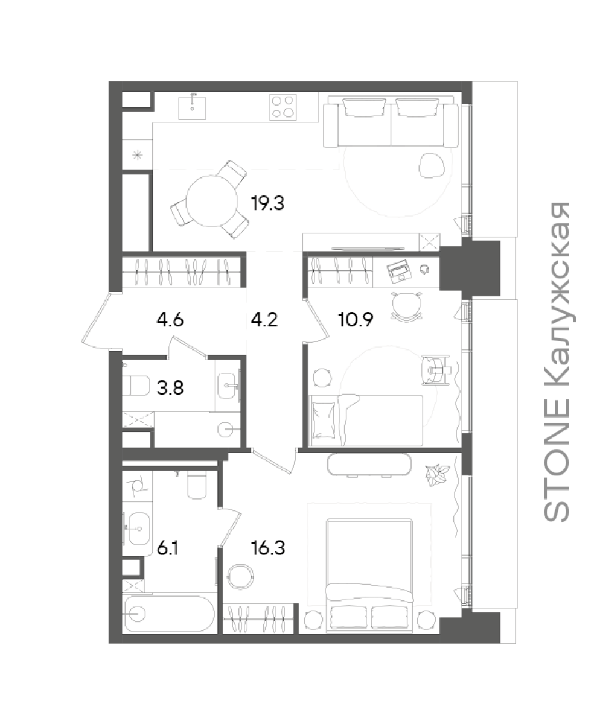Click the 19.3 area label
(x=268, y=203)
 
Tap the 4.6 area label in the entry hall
(x=170, y=319)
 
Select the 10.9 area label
(x=356, y=319)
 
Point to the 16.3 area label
(x=269, y=548)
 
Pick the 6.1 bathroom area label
(x=168, y=548)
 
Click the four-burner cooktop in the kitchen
(x=283, y=107)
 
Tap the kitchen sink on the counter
(x=192, y=108)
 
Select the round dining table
(x=211, y=201)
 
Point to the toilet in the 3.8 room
(x=136, y=386)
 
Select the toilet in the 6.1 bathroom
(x=197, y=485)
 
